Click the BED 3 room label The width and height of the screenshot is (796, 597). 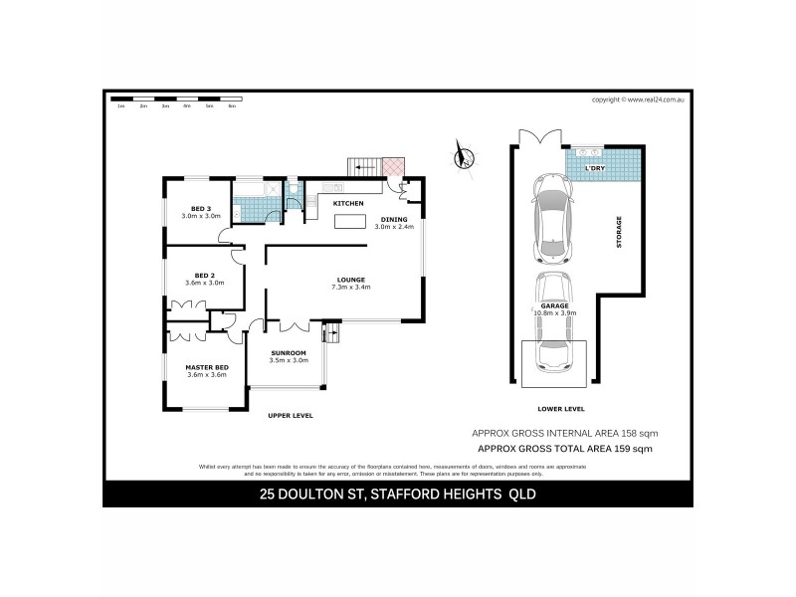point(200,209)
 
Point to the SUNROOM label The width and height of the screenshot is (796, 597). point(290,353)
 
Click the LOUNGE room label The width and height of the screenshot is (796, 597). point(351,280)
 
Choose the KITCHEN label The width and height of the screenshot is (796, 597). point(347,203)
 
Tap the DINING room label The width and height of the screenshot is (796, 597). point(394,219)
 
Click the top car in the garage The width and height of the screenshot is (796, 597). point(552,218)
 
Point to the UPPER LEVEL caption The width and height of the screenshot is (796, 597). point(291,415)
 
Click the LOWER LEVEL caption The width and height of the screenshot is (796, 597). point(560,409)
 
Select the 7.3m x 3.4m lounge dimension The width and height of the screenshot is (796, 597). point(351,289)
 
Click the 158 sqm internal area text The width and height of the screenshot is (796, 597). point(563,434)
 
